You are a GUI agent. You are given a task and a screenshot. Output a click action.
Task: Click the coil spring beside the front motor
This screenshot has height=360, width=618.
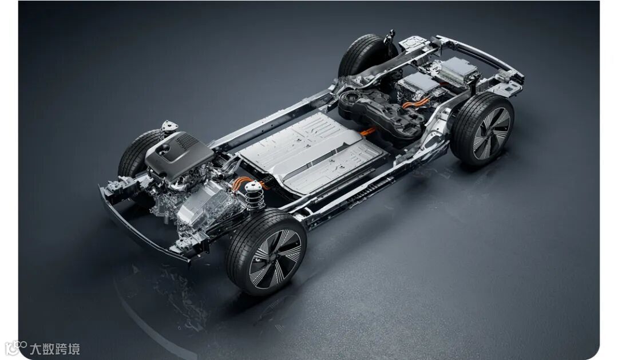(255, 195)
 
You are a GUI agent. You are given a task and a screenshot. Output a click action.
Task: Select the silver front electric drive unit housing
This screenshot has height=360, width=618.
(205, 209)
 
